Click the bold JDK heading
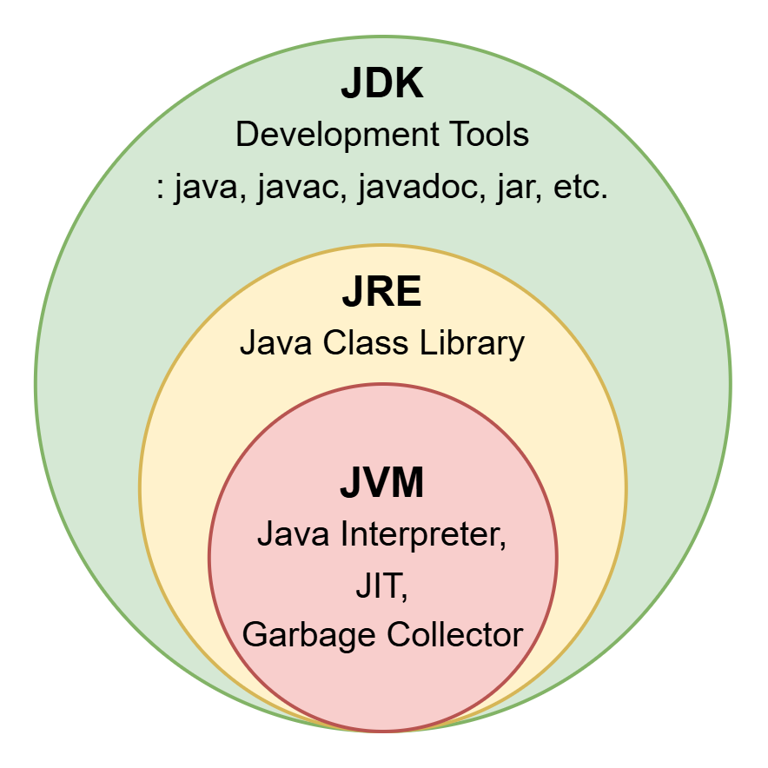click(x=382, y=84)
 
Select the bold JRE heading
click(x=382, y=294)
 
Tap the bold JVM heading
click(x=382, y=484)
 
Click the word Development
click(x=327, y=136)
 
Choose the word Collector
click(x=454, y=636)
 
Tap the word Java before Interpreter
click(x=288, y=534)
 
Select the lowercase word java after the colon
click(x=205, y=188)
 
